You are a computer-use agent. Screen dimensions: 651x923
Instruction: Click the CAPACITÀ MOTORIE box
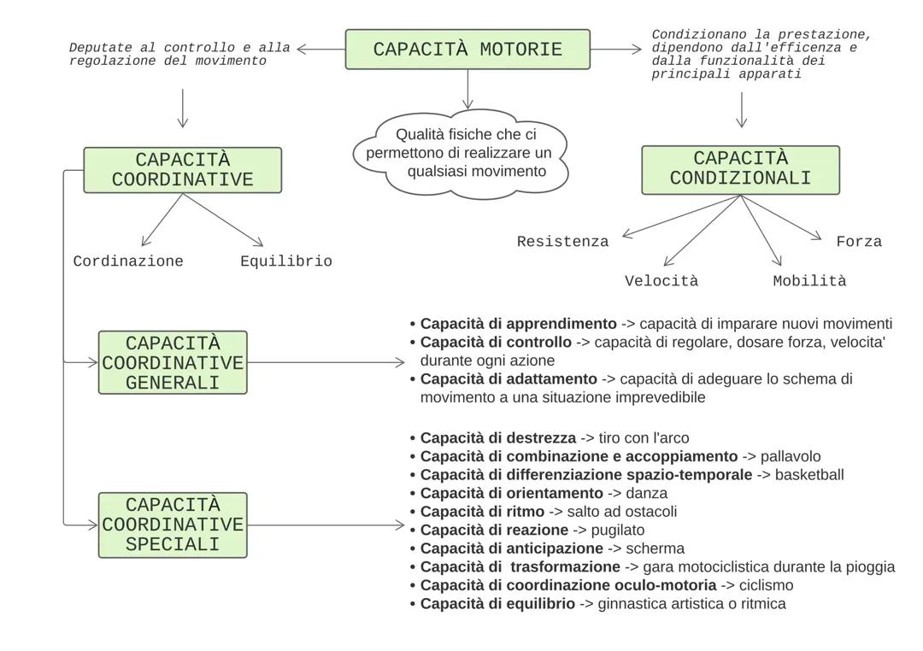pyautogui.click(x=467, y=50)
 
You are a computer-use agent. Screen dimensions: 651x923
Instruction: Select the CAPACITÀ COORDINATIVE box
pyautogui.click(x=182, y=170)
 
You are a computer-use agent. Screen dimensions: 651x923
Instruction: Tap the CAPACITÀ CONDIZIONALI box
pyautogui.click(x=740, y=169)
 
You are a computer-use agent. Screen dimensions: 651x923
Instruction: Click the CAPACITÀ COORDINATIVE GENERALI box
pyautogui.click(x=173, y=362)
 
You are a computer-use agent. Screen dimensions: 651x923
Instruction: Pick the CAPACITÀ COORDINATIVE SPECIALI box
pyautogui.click(x=173, y=525)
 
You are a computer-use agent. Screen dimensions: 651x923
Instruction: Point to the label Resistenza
pyautogui.click(x=562, y=242)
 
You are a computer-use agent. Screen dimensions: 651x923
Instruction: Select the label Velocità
pyautogui.click(x=661, y=281)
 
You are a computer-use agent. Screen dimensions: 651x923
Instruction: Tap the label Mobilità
pyautogui.click(x=808, y=281)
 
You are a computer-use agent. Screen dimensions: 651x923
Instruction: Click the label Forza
pyautogui.click(x=858, y=242)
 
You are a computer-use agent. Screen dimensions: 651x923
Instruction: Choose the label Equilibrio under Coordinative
pyautogui.click(x=285, y=261)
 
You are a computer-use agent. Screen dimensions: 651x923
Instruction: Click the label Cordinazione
pyautogui.click(x=128, y=261)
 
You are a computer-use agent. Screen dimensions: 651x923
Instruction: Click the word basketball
pyautogui.click(x=808, y=475)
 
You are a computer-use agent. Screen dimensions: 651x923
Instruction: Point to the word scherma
pyautogui.click(x=655, y=548)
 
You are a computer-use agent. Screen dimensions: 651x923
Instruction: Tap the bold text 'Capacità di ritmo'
pyautogui.click(x=482, y=512)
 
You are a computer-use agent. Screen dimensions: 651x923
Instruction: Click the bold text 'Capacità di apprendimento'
pyautogui.click(x=518, y=325)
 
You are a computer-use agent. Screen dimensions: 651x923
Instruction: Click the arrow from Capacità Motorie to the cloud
pyautogui.click(x=467, y=89)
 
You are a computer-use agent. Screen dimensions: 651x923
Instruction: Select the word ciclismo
pyautogui.click(x=766, y=585)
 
